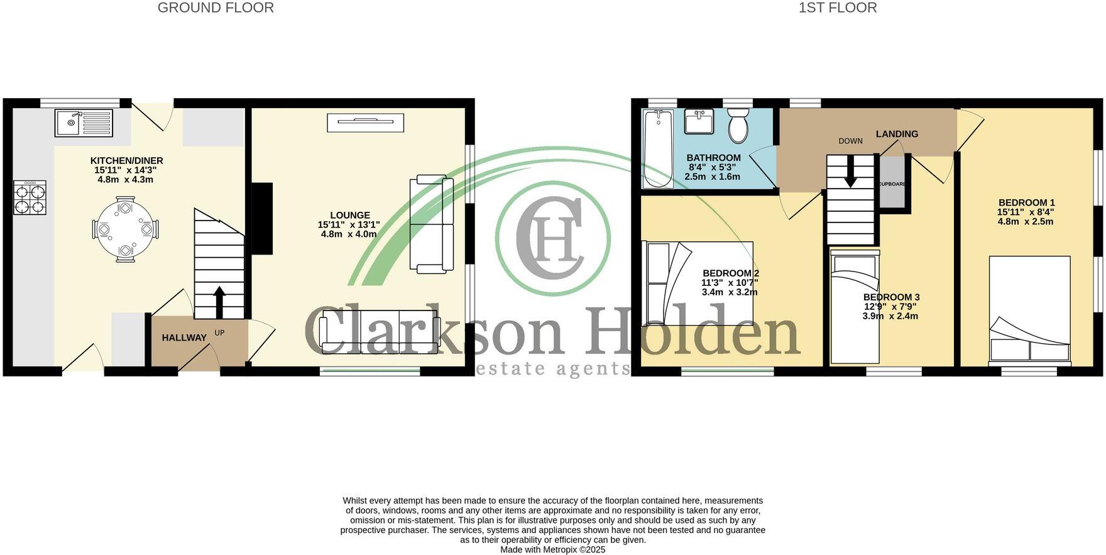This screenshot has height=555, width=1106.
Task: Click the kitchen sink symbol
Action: (x=84, y=123)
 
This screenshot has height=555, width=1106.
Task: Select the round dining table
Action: (x=125, y=229)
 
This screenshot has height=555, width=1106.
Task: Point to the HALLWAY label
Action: (x=184, y=338)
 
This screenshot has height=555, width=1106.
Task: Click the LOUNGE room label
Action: (x=350, y=215)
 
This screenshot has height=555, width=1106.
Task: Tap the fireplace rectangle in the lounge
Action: (x=365, y=123)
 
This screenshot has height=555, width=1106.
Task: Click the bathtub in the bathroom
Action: (x=658, y=148)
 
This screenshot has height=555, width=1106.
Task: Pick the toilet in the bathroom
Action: (x=738, y=125)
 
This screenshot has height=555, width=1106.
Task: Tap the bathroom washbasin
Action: (x=699, y=121)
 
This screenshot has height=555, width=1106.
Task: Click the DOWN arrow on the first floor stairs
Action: (x=850, y=173)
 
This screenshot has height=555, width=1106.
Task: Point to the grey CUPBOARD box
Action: (x=891, y=182)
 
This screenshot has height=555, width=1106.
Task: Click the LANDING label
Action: (x=897, y=134)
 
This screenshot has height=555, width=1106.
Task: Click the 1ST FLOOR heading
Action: (x=837, y=8)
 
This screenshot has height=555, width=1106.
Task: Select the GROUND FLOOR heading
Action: (x=216, y=8)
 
